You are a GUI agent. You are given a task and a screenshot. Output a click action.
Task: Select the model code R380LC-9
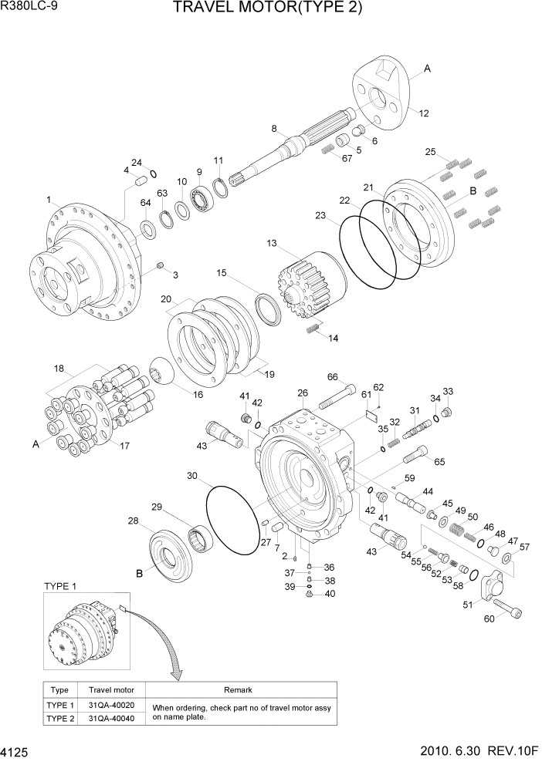29,7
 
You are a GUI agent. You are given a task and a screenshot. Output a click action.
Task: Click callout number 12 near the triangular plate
424,113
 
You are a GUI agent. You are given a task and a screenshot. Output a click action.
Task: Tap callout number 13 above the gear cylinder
272,244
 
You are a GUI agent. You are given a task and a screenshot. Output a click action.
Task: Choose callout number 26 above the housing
303,393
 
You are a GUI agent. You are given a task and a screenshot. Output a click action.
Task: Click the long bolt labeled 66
336,399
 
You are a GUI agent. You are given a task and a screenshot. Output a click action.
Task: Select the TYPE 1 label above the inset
60,586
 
